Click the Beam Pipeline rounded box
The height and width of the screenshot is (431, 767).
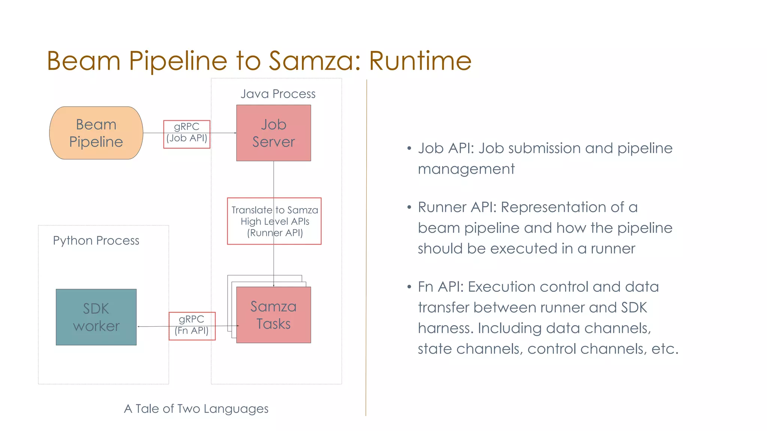click(x=96, y=133)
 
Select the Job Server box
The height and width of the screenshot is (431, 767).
click(x=273, y=133)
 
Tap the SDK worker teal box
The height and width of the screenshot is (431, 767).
click(x=96, y=317)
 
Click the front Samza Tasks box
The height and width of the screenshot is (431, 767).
click(x=273, y=315)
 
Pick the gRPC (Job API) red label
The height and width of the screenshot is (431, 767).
click(x=187, y=134)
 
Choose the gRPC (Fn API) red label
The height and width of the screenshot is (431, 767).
click(x=192, y=326)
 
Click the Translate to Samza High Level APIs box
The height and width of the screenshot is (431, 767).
click(x=274, y=221)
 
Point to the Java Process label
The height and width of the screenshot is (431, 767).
click(x=278, y=94)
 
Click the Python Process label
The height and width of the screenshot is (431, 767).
click(x=96, y=241)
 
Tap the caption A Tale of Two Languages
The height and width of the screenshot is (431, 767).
click(x=196, y=409)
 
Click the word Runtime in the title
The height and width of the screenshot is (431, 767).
click(x=420, y=61)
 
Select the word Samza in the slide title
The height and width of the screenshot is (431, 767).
click(x=310, y=61)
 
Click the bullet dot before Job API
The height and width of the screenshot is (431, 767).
click(x=409, y=149)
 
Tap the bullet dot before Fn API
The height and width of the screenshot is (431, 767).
click(x=409, y=287)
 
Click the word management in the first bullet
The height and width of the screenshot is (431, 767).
click(x=466, y=169)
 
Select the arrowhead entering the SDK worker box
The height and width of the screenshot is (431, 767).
click(x=139, y=327)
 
